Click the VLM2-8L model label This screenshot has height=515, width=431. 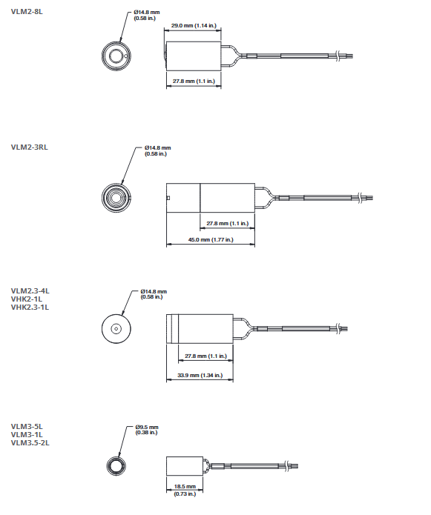click(27, 12)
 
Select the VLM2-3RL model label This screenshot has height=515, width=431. click(29, 147)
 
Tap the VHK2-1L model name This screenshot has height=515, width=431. click(26, 299)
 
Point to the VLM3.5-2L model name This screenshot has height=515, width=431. click(30, 442)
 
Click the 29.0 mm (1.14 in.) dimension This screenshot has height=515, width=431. click(194, 25)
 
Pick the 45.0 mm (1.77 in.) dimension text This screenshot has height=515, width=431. click(211, 240)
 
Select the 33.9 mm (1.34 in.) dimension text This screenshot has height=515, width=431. click(200, 375)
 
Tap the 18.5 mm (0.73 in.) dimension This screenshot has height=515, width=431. click(185, 490)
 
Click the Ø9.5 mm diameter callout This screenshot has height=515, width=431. click(147, 430)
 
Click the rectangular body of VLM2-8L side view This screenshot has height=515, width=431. click(194, 56)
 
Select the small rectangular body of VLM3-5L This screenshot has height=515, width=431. click(185, 466)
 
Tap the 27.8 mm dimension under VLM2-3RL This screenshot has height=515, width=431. click(228, 224)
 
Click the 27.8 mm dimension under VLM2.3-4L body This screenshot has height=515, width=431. click(205, 356)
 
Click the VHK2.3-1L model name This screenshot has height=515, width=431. click(30, 308)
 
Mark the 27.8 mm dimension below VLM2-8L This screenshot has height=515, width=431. click(194, 81)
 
